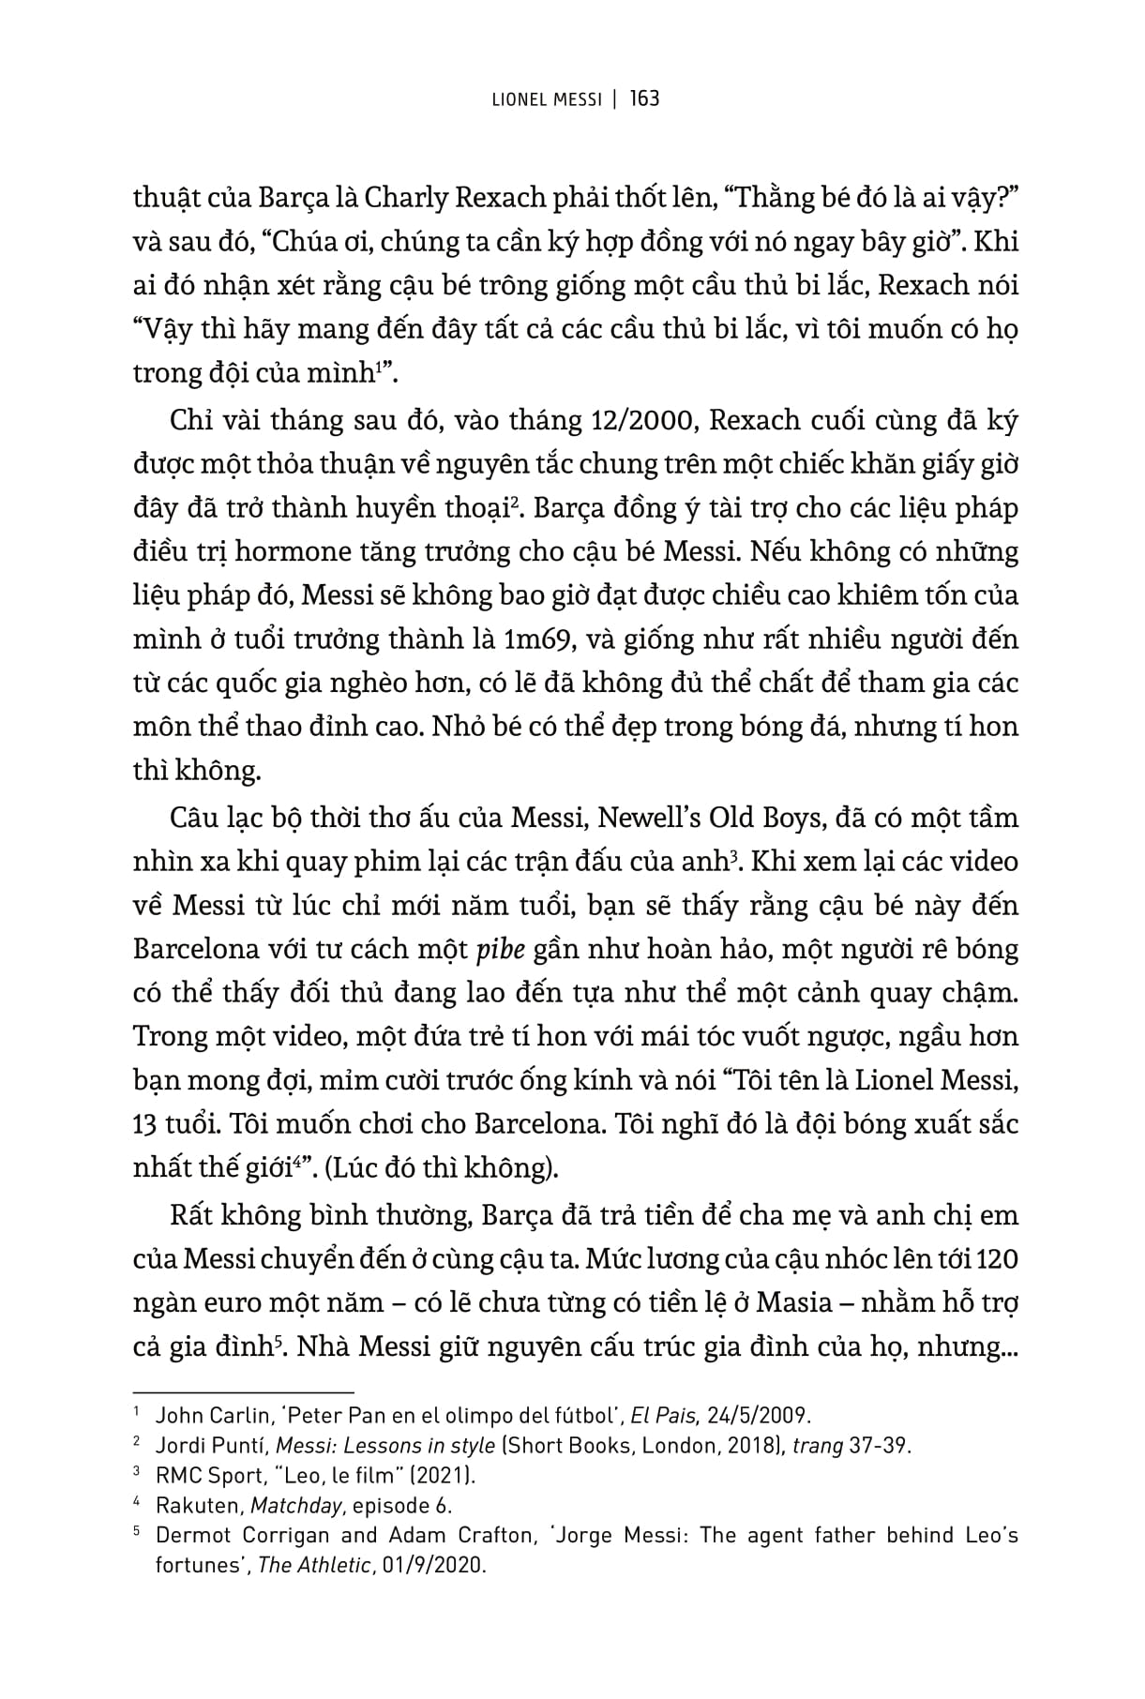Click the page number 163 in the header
645,98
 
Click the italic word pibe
501,949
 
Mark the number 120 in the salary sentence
996,1259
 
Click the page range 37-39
879,1445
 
